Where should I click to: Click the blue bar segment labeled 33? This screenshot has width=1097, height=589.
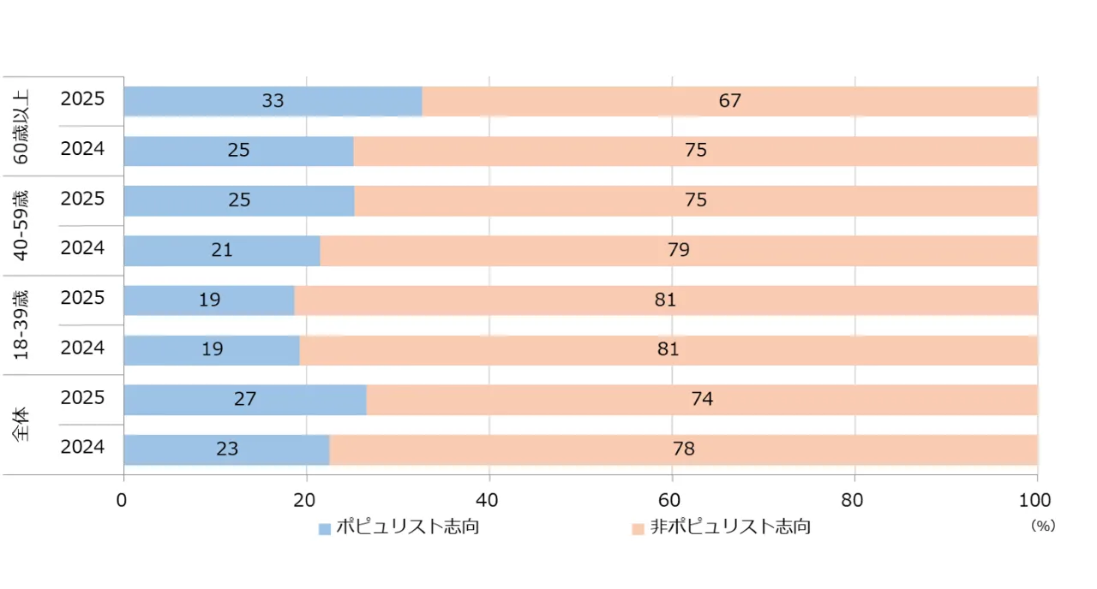[x=273, y=101]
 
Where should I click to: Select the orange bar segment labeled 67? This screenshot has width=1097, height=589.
[x=729, y=101]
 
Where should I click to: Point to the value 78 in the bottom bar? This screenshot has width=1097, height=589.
[x=683, y=449]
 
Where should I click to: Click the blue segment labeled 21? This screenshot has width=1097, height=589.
[x=221, y=250]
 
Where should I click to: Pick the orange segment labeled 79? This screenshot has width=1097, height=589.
[x=678, y=250]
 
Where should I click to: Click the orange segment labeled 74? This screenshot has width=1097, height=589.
[x=701, y=399]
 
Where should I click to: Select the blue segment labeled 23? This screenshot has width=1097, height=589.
[x=226, y=449]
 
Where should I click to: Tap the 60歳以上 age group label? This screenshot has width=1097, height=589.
[x=21, y=126]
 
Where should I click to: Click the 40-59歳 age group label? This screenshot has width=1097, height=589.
[x=21, y=225]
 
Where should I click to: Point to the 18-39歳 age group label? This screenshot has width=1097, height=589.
[x=21, y=324]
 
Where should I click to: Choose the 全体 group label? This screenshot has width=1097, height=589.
[x=21, y=424]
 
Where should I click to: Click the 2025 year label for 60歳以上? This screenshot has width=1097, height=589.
[x=82, y=99]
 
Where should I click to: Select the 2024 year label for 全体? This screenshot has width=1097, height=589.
[x=82, y=448]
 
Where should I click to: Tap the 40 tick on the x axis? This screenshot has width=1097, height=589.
[x=489, y=499]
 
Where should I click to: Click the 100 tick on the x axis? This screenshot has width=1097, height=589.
[x=1037, y=499]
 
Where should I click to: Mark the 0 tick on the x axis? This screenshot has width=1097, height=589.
[x=123, y=499]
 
